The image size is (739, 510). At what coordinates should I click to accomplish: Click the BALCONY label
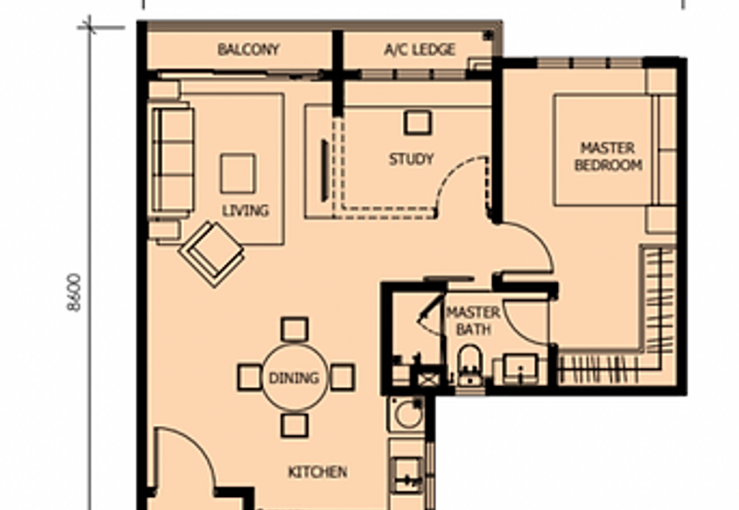coord(248,50)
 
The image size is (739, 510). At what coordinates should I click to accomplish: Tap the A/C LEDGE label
coord(419,50)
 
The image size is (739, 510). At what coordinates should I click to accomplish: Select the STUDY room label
coord(411,159)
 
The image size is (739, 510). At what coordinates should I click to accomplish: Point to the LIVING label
coord(245,211)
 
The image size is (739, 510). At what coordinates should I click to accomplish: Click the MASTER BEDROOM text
coord(608,156)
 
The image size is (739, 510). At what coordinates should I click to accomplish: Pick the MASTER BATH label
coord(473,321)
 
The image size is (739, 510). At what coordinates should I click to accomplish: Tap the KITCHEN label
coord(318,472)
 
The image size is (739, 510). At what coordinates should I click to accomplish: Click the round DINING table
coord(295,378)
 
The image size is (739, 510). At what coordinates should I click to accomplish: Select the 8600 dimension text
coord(74,292)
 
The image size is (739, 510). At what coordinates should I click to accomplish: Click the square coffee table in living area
coord(238,174)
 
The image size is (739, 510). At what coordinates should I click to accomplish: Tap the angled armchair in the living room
coord(212,253)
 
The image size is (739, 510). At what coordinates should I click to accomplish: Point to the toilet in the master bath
coord(470,364)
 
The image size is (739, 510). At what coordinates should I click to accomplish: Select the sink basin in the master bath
coord(520,369)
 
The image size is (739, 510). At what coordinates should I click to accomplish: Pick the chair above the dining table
coord(295,330)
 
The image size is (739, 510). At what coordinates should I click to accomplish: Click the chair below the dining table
coord(295,425)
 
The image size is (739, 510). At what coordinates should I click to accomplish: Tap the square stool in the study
coord(418,123)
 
